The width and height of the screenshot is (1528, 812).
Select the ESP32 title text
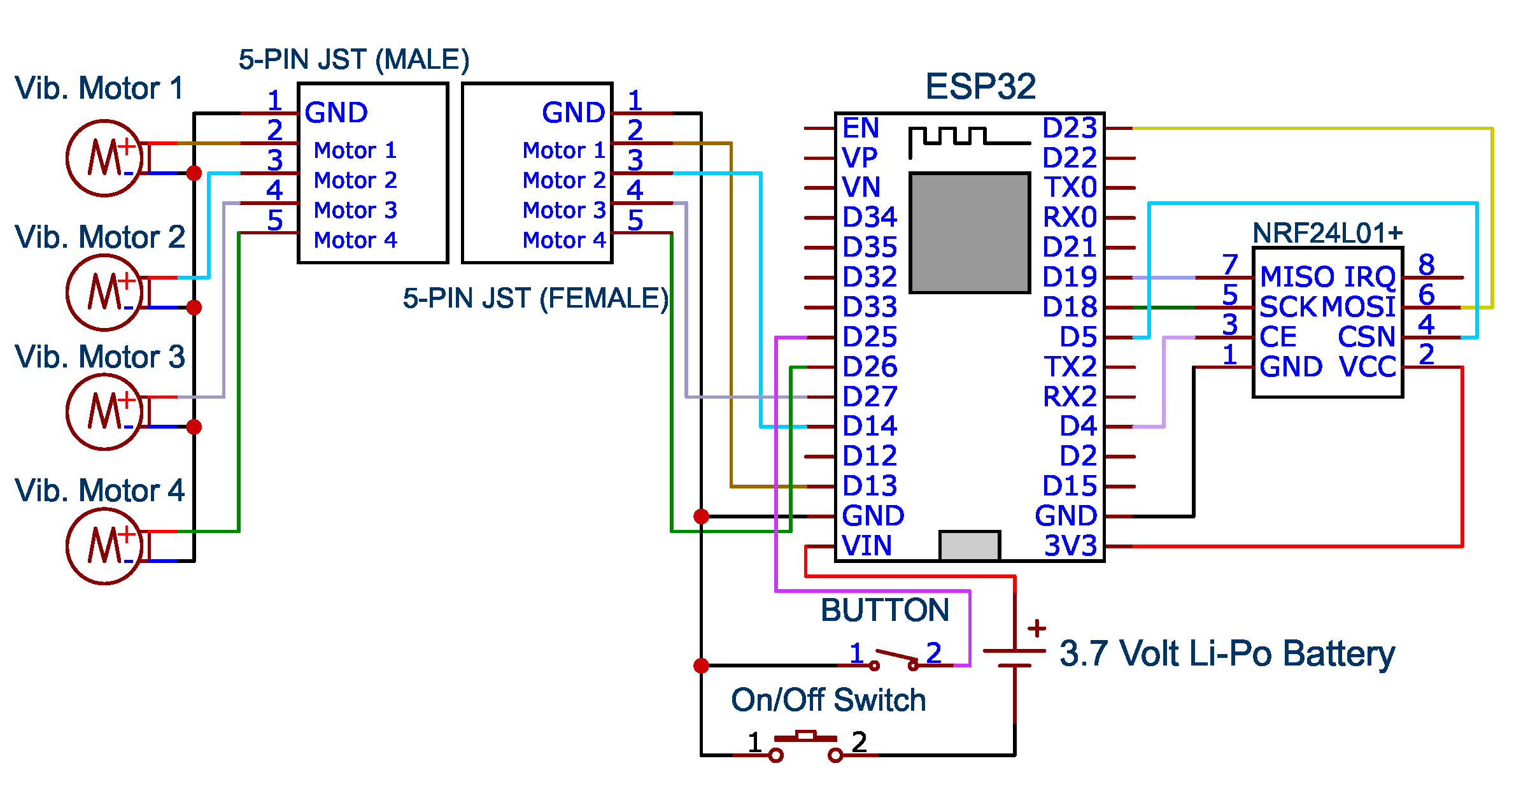pos(980,87)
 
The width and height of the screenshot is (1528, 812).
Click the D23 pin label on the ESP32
pos(1070,128)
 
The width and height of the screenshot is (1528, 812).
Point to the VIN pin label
pos(867,546)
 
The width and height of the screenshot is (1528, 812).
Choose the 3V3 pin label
pos(1071,546)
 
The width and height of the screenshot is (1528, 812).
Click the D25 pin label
pos(870,337)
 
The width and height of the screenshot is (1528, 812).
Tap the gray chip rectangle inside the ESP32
pos(970,233)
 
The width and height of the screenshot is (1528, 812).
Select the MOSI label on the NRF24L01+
pos(1359,307)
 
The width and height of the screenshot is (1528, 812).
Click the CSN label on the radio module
pos(1366,337)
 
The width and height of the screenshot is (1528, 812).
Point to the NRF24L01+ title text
pos(1327,233)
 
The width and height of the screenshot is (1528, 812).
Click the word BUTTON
pos(885,610)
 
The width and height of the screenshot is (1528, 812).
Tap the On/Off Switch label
pos(828,700)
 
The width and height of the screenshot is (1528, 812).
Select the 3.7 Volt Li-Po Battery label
pos(1227,654)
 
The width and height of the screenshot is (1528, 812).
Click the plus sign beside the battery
pos(1037,628)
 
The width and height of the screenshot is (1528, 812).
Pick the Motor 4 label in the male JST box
pos(355,240)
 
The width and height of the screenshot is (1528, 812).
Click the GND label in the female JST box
pos(574,113)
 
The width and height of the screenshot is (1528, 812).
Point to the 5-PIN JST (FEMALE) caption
pos(535,299)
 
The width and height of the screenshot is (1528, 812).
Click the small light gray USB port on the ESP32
pos(970,546)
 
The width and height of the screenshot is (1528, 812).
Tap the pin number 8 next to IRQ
pos(1426,264)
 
